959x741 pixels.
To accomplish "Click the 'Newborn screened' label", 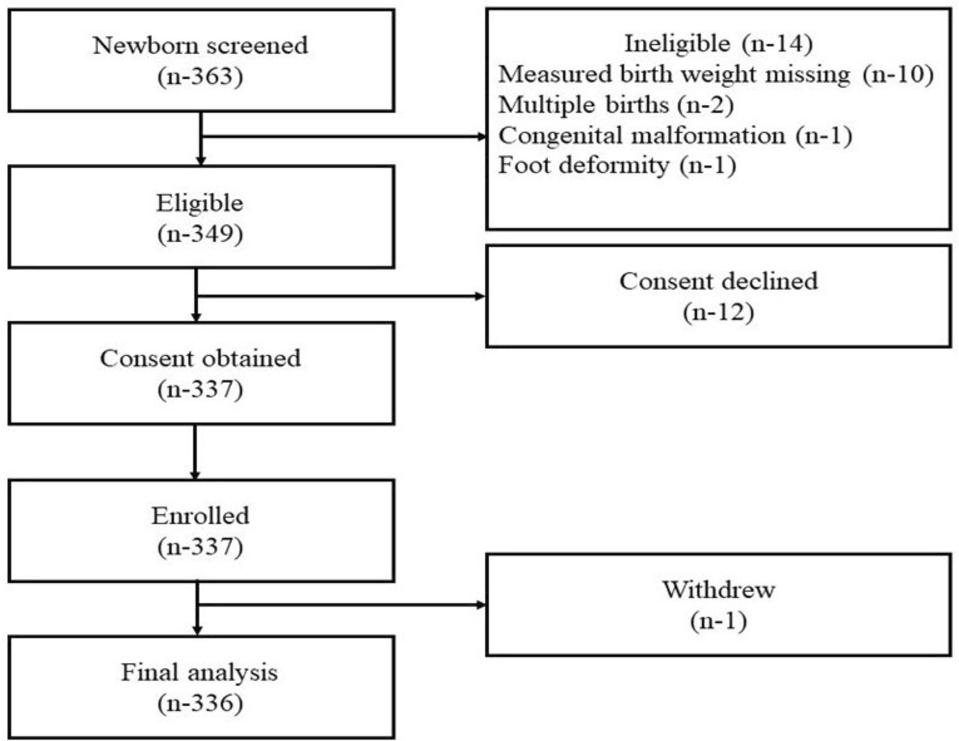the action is (200, 45).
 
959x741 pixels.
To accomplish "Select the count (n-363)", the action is (200, 77).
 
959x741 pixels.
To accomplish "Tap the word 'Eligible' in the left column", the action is (200, 203).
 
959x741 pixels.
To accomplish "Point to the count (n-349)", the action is (200, 234).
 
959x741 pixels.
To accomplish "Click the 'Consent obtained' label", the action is (200, 359).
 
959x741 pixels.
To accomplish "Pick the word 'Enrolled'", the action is (200, 516).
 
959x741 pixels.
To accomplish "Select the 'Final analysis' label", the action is (200, 673).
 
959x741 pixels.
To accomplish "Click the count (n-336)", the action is (200, 704).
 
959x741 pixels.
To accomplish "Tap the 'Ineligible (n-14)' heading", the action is (719, 44).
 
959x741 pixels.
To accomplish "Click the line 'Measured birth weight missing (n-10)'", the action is (716, 75).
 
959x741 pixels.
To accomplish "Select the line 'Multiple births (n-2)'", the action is (616, 105).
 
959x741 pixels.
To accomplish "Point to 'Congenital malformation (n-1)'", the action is (675, 135).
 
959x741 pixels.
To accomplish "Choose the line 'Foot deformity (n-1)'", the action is (617, 165).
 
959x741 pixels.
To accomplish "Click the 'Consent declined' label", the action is (719, 281).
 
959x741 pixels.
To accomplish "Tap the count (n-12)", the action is (719, 312).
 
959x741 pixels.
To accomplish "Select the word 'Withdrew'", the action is (719, 590).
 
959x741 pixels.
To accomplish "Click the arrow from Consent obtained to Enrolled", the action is (194, 452).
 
